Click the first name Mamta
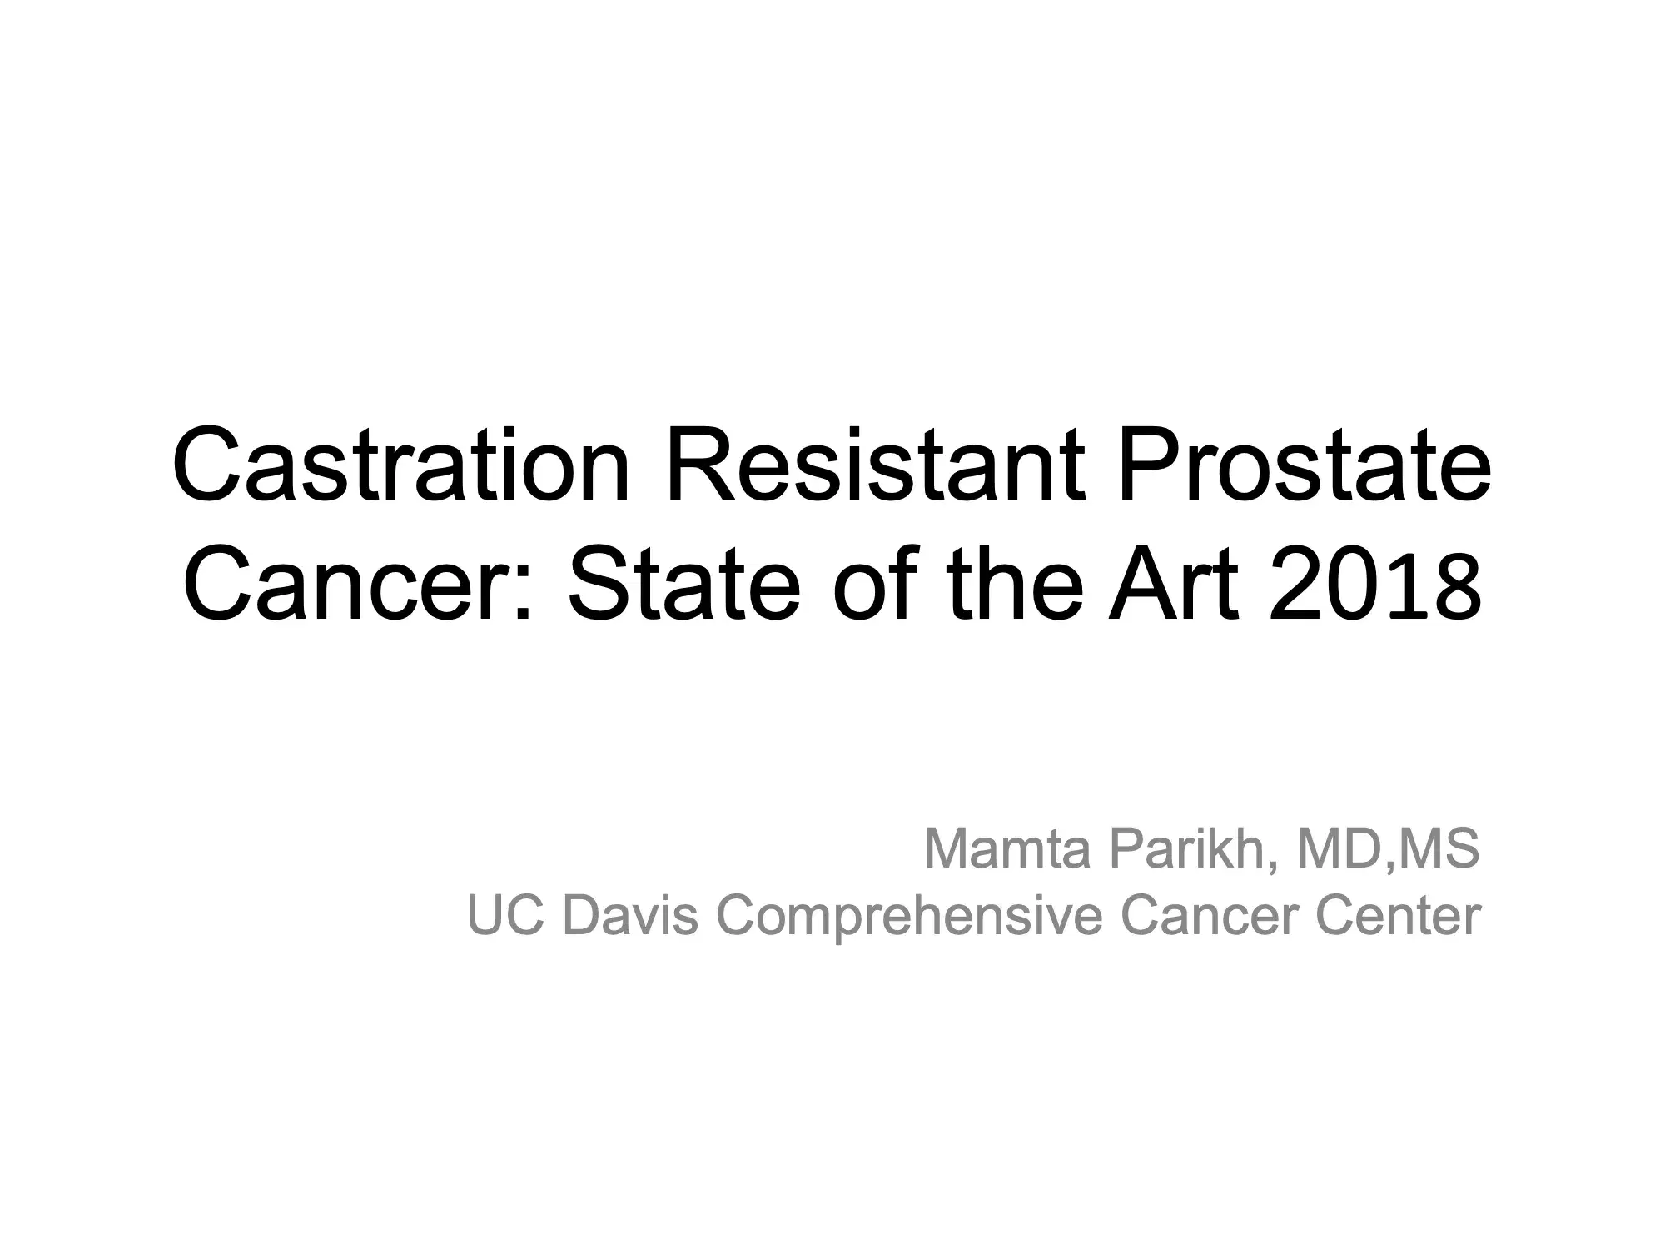(1006, 848)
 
